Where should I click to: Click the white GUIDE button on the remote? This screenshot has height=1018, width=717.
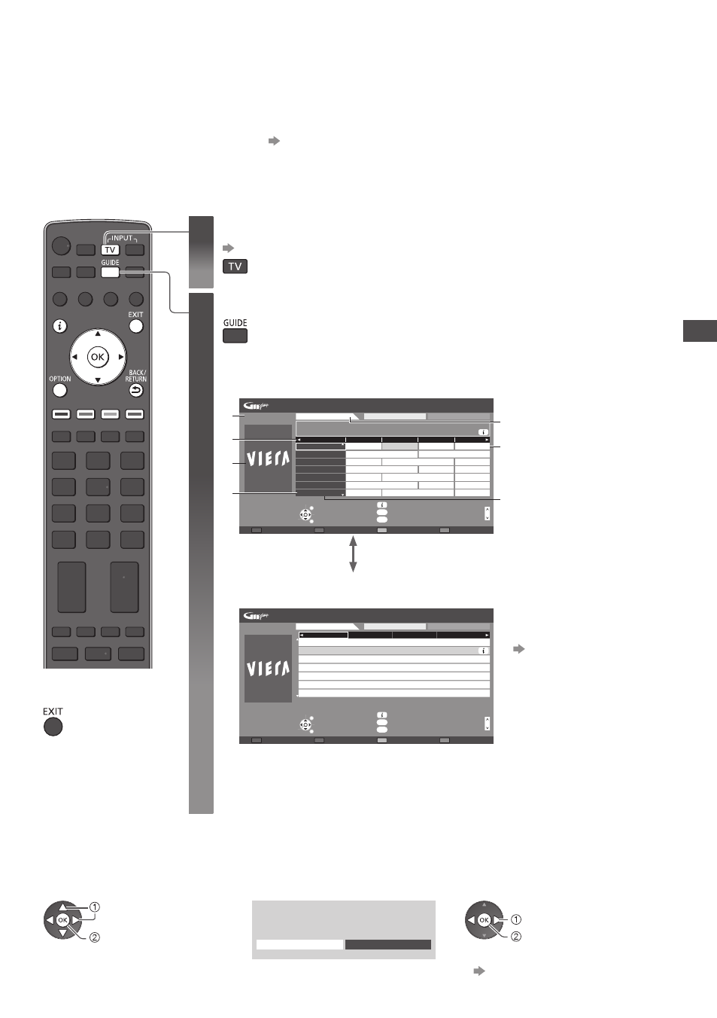110,273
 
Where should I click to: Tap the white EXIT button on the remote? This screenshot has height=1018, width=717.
135,326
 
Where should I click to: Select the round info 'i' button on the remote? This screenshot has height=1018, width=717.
59,326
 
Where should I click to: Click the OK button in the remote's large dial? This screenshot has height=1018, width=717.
98,357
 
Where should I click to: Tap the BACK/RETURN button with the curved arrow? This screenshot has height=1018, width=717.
135,390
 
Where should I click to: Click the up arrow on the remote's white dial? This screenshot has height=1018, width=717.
98,334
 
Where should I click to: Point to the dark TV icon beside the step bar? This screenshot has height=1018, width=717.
235,267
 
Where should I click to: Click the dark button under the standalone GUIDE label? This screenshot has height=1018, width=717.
235,336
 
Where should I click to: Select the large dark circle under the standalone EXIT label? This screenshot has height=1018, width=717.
53,727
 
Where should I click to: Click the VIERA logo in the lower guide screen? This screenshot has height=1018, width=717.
268,669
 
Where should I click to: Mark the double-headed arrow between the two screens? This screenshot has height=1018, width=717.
353,553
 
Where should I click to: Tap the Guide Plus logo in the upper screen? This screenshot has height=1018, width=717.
256,406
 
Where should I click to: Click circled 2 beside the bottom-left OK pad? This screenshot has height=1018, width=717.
95,937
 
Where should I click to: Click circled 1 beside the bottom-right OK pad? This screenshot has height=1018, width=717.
516,919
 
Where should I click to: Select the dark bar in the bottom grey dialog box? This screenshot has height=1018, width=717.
387,944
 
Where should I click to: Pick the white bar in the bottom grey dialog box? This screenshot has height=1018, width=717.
299,944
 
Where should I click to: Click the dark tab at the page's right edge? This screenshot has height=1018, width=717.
700,331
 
